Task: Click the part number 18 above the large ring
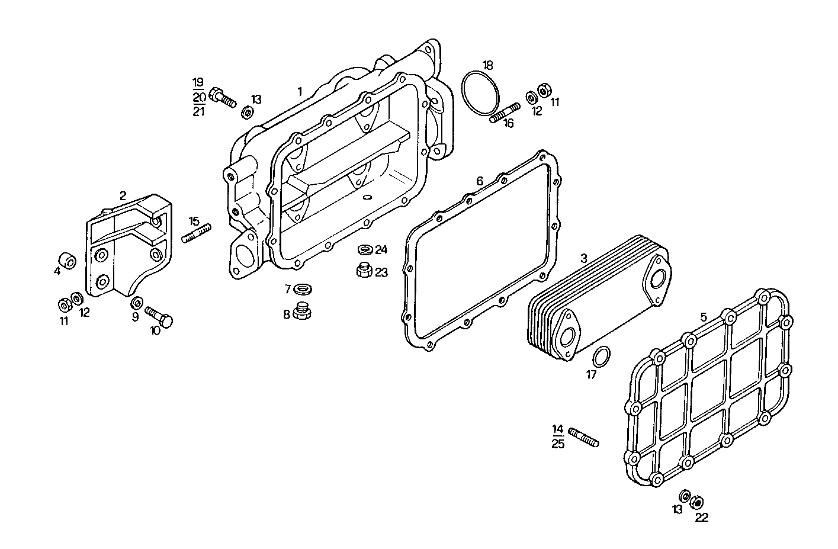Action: tap(487, 65)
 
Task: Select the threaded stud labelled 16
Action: tap(505, 113)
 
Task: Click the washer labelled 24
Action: tap(365, 249)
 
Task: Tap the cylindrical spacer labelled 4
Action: tap(67, 261)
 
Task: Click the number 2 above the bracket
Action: tap(123, 195)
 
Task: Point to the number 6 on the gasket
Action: tap(480, 181)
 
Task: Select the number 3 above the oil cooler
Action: tap(583, 258)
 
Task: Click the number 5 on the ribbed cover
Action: tap(704, 317)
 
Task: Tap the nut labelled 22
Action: tap(697, 502)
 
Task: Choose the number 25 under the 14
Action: tap(558, 444)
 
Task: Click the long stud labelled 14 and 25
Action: tap(583, 437)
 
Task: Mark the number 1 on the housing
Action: tap(300, 91)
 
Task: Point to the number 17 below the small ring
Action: tap(591, 374)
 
